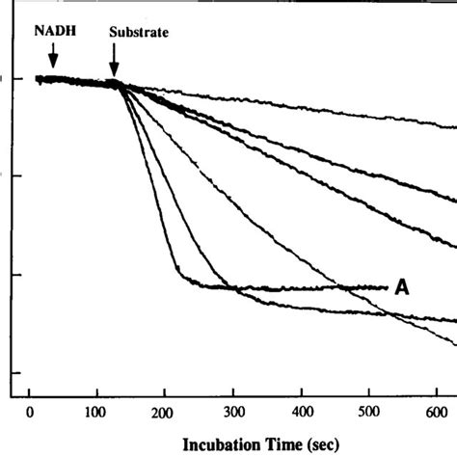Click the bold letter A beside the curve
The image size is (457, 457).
click(x=403, y=286)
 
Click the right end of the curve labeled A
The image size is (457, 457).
click(x=387, y=286)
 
